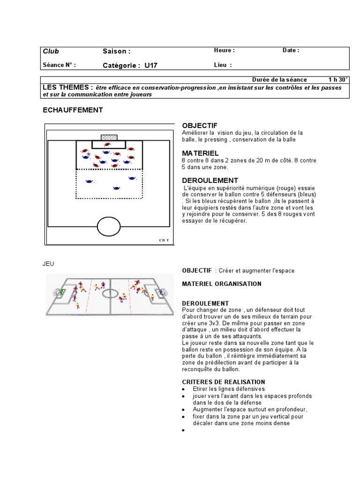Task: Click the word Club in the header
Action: point(51,52)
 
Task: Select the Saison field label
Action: point(116,52)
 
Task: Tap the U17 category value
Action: point(151,66)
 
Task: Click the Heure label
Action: point(224,51)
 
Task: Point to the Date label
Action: point(291,51)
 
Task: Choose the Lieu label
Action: point(223,65)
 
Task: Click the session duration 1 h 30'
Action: point(337,80)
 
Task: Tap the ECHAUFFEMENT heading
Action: point(73,110)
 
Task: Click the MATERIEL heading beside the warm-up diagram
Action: point(200,153)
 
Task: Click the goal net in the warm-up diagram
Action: point(109,137)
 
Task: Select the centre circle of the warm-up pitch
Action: point(109,226)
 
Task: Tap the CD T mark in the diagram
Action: point(164,240)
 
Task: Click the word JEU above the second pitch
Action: point(49,264)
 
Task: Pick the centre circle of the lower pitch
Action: point(110,293)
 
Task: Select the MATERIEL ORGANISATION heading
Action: point(222,284)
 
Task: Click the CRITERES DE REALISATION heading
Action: point(223,382)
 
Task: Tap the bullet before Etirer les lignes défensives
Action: point(183,390)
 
